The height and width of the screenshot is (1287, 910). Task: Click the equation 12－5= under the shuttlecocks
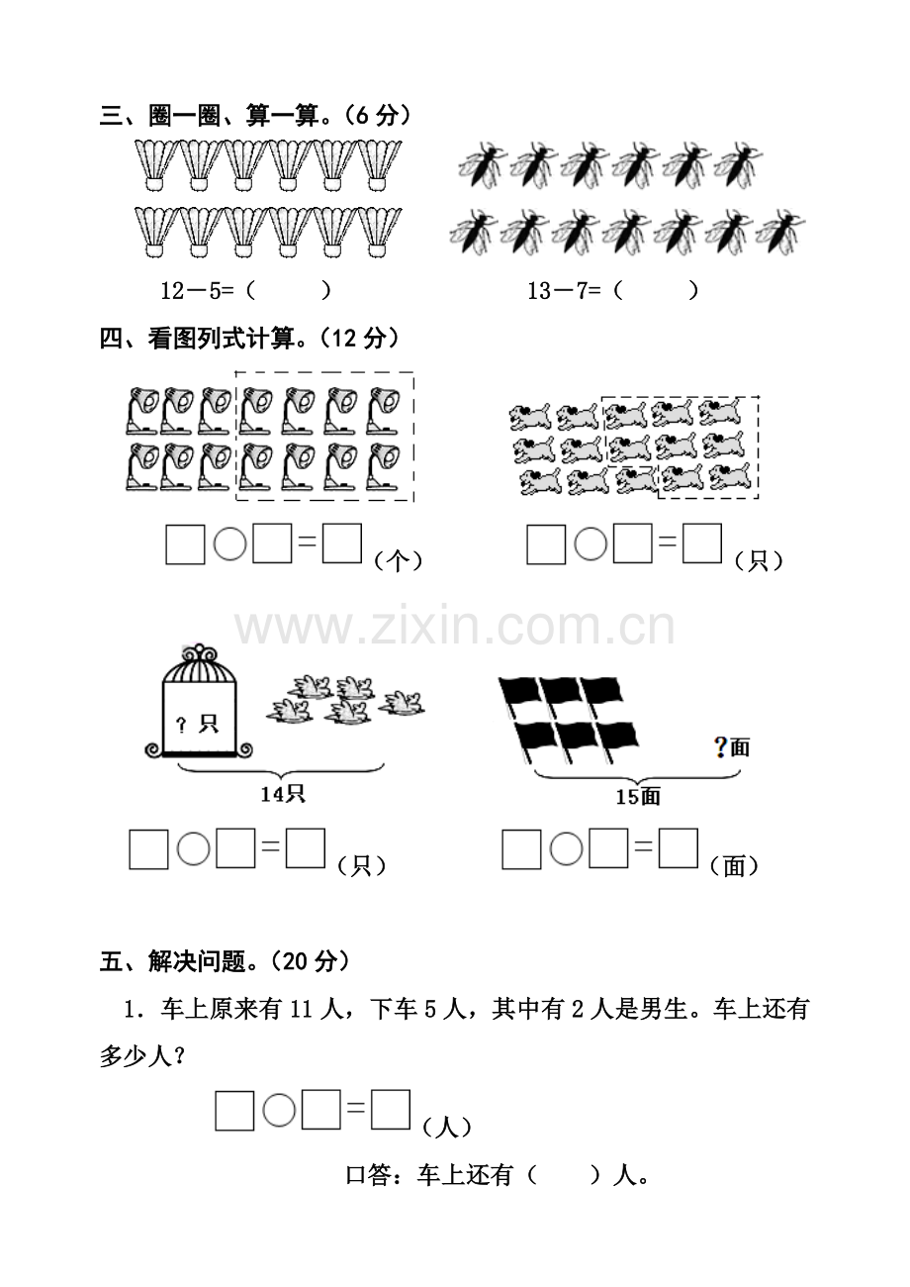click(198, 291)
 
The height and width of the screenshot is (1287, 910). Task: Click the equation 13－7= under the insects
click(565, 291)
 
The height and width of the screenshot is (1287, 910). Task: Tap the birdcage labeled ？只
click(199, 701)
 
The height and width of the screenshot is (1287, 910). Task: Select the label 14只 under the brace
click(283, 794)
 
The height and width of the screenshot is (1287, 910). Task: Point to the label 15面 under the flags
click(638, 796)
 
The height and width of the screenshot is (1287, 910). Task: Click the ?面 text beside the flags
click(731, 746)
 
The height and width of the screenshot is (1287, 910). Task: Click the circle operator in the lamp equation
click(229, 544)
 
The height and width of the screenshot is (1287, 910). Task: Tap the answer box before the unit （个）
click(342, 543)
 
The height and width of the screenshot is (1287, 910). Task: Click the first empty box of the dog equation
click(546, 544)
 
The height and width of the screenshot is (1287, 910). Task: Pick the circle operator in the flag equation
click(566, 848)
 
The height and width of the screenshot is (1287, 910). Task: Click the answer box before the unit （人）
click(391, 1110)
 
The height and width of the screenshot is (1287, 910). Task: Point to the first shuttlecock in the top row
click(155, 165)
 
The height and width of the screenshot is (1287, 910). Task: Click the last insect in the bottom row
click(781, 232)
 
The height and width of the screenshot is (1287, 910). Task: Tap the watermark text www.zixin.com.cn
click(455, 627)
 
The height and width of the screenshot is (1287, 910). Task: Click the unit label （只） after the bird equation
click(361, 866)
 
